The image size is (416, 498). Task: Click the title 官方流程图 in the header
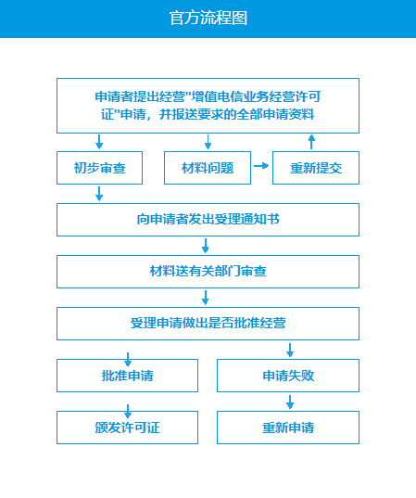208,19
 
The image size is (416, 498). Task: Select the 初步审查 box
100,168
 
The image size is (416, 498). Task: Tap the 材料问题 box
207,168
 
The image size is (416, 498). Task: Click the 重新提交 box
311,168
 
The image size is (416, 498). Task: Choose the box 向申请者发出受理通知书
208,220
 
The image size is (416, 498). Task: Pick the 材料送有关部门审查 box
208,272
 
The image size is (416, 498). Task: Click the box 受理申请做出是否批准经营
208,324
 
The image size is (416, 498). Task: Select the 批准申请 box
127,376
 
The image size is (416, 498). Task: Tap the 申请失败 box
288,376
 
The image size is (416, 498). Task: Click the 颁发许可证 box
127,428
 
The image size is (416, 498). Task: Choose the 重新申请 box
288,428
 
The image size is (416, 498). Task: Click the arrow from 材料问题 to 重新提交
260,166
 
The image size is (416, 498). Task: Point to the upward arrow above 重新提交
311,141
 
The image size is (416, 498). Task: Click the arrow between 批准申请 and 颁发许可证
127,408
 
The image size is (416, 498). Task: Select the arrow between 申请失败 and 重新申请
290,402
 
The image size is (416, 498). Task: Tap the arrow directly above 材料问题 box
208,142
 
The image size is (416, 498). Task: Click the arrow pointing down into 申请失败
290,350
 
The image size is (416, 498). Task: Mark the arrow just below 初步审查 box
100,194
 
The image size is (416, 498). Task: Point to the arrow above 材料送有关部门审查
205,246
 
